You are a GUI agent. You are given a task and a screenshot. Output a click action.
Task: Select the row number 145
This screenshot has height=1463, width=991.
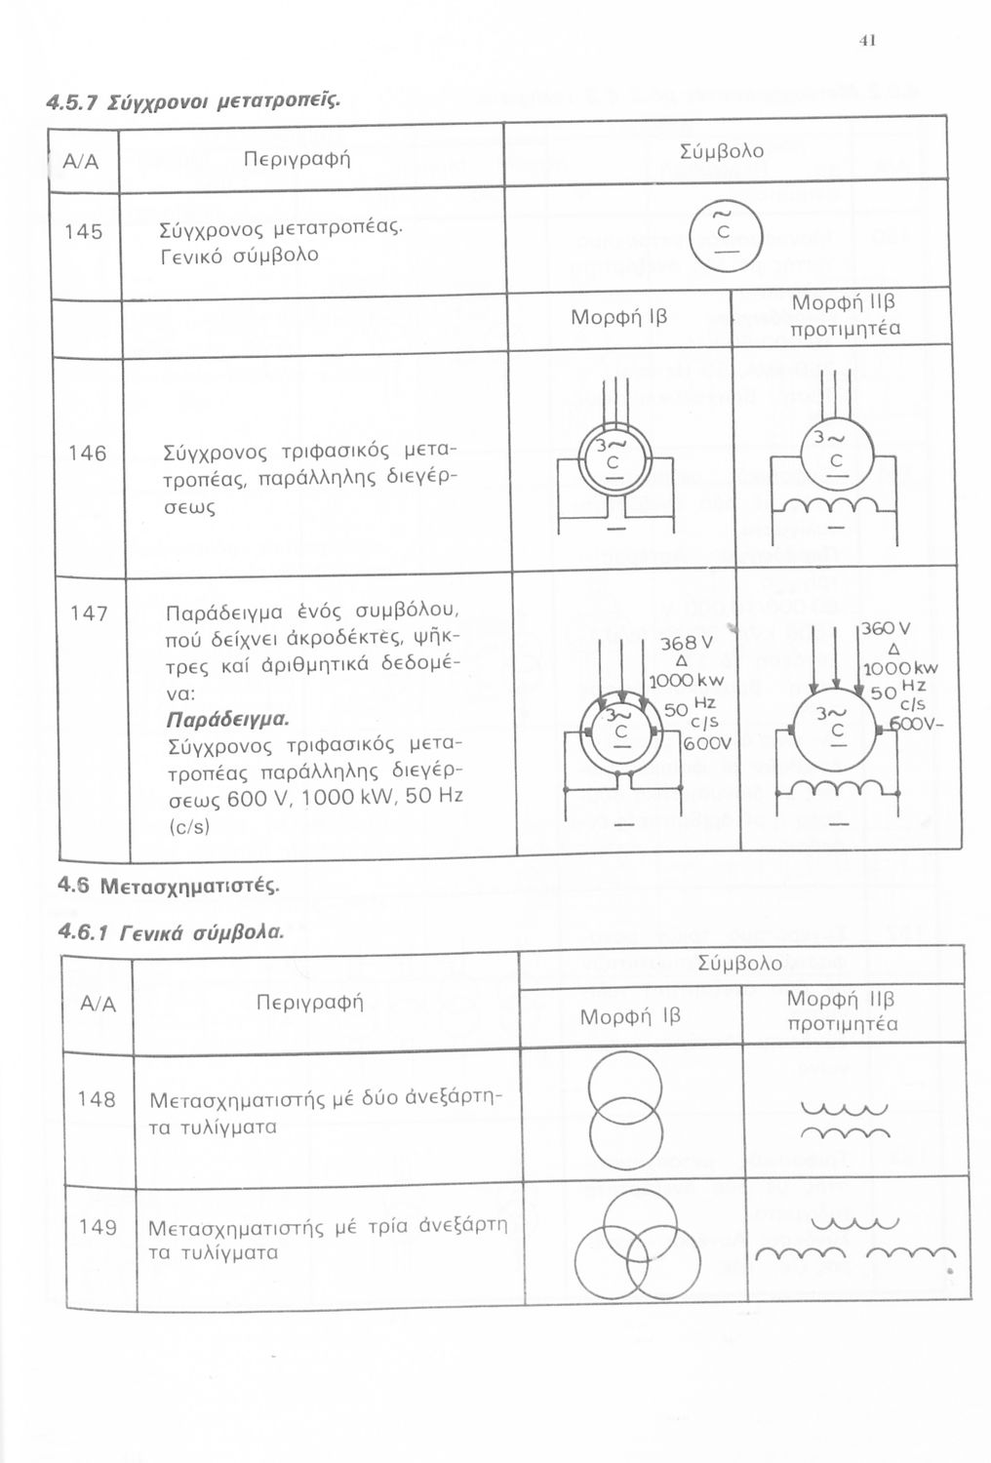coord(83,232)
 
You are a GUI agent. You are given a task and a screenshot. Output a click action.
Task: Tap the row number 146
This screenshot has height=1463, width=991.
coord(87,454)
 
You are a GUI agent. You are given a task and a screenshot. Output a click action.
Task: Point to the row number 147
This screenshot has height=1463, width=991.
coord(87,614)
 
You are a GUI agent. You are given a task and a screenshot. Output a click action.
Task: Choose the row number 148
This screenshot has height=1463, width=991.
coord(97,1099)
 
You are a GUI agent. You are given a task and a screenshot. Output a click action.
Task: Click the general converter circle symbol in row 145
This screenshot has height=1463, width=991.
coord(723,233)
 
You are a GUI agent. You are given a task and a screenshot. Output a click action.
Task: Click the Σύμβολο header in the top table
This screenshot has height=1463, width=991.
coord(722,151)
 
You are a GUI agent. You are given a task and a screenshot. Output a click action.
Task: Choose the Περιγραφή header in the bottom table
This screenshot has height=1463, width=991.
coord(309,1002)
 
